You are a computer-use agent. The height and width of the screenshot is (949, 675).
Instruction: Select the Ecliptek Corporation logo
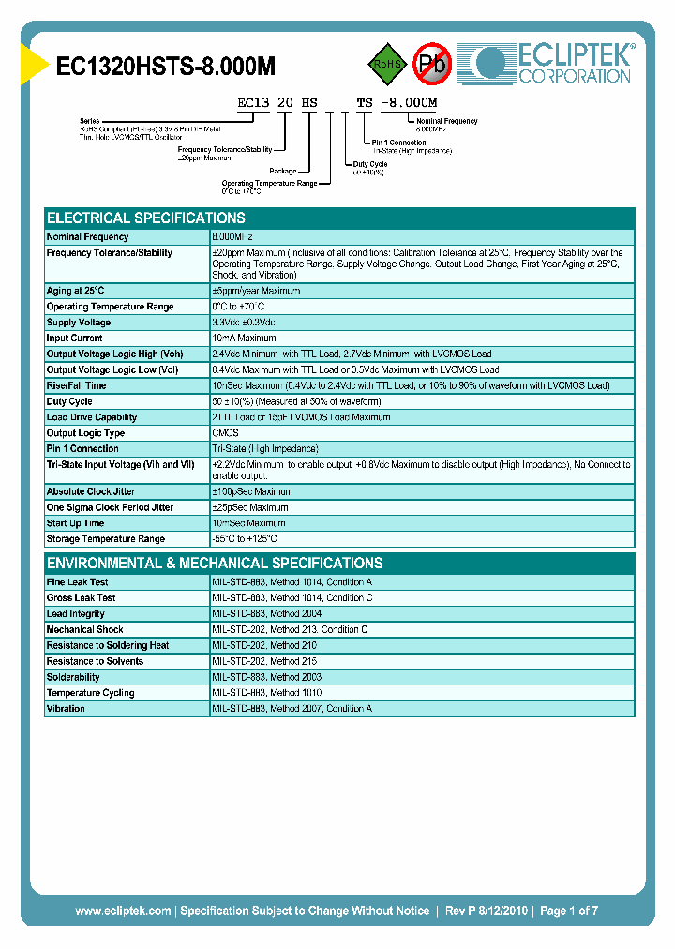pyautogui.click(x=553, y=63)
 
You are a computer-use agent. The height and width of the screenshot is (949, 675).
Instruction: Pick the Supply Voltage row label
pyautogui.click(x=81, y=323)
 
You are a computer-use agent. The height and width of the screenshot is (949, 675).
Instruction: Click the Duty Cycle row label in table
pyautogui.click(x=69, y=401)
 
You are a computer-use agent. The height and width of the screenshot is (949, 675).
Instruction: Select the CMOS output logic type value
pyautogui.click(x=225, y=433)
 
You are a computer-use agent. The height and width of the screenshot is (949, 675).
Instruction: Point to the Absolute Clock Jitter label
pyautogui.click(x=90, y=491)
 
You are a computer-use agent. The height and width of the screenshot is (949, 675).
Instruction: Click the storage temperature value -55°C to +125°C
pyautogui.click(x=245, y=539)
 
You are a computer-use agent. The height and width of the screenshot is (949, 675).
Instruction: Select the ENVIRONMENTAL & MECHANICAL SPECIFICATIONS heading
pyautogui.click(x=215, y=564)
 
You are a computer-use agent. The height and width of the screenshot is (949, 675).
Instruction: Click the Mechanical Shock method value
pyautogui.click(x=290, y=630)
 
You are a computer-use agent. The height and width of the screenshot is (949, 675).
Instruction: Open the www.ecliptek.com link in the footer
pyautogui.click(x=123, y=911)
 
